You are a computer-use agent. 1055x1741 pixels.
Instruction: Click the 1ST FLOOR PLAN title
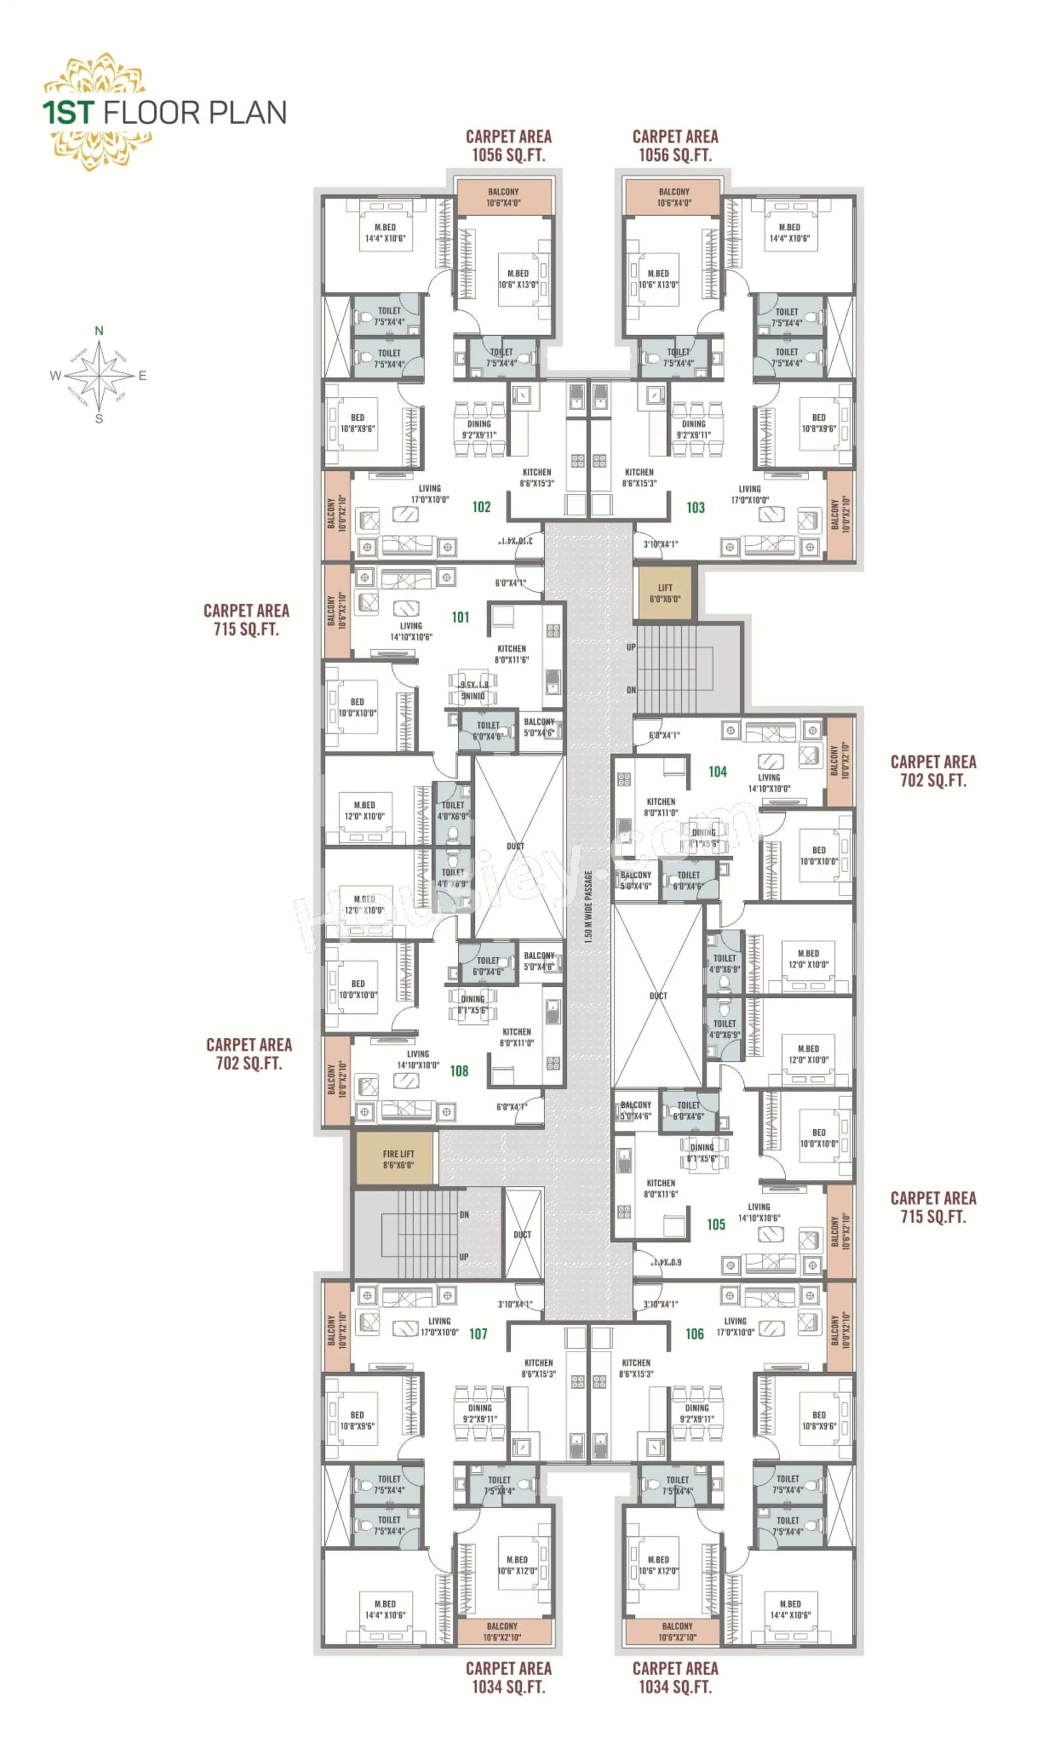point(164,113)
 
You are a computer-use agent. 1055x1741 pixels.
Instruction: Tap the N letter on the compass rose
point(99,330)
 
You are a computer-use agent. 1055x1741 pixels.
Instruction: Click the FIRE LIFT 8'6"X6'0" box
point(398,1159)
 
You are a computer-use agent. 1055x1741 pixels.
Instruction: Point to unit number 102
point(481,507)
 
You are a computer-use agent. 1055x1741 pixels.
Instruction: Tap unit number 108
point(459,1070)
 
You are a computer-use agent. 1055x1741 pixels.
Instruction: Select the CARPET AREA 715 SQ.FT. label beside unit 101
point(246,619)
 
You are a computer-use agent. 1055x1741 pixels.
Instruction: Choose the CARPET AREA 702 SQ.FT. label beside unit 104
point(933,771)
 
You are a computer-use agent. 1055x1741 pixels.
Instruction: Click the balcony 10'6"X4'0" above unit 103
point(673,197)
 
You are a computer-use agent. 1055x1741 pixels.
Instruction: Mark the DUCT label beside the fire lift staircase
point(522,1234)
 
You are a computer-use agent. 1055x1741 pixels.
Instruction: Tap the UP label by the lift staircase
point(631,647)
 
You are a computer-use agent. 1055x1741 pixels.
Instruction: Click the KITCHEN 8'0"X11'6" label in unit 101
point(511,654)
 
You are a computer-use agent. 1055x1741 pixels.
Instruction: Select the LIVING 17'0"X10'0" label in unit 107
point(439,1326)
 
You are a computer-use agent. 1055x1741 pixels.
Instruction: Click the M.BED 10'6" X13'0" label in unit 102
point(518,279)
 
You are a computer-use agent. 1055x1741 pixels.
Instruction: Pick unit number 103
point(695,507)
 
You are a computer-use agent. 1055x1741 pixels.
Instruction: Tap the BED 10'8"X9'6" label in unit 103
point(818,422)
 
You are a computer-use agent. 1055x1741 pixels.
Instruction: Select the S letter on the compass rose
point(99,419)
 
